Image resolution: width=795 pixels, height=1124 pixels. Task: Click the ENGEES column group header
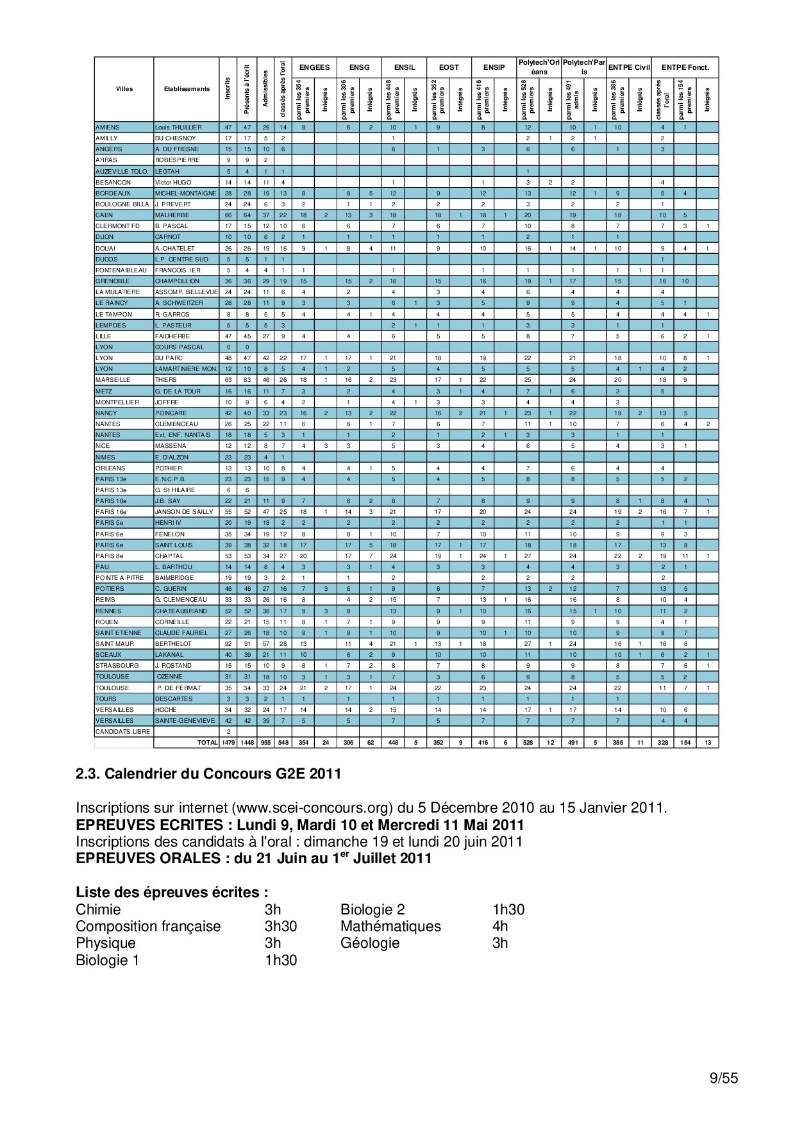314,67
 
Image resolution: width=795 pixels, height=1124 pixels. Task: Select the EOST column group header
449,67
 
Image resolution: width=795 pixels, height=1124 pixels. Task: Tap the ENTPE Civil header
628,67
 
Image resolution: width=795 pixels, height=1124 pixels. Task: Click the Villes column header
124,89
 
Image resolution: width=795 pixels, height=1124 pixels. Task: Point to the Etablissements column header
186,89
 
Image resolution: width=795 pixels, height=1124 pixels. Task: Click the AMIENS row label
108,128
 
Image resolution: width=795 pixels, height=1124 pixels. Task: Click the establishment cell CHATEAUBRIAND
181,611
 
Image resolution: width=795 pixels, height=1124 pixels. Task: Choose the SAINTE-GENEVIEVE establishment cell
185,721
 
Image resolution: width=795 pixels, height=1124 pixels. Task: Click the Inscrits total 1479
228,743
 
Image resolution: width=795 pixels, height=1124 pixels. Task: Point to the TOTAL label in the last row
207,743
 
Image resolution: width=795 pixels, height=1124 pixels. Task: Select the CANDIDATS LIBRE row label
122,732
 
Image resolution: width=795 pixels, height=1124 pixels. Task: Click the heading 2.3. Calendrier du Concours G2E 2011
208,773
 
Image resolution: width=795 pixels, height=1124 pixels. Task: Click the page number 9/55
724,1078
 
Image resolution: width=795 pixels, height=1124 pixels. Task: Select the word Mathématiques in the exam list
390,926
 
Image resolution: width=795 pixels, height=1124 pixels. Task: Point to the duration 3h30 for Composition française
280,926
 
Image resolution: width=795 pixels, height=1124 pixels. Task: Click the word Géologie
370,943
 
